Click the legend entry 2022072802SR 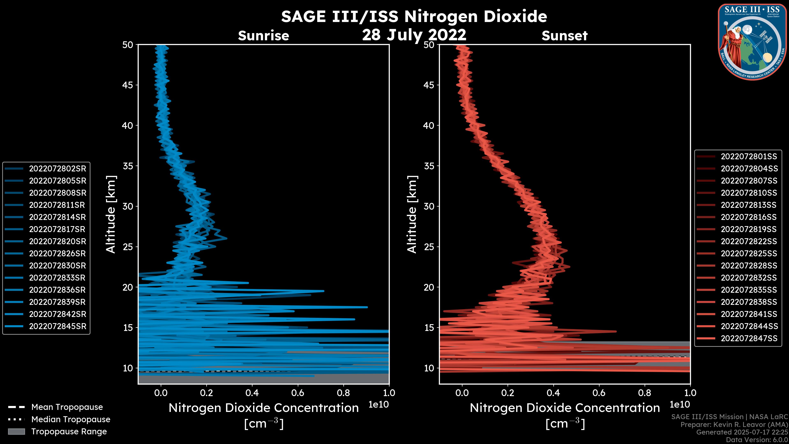[x=57, y=169]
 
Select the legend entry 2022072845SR [x=57, y=326]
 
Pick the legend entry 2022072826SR [x=57, y=254]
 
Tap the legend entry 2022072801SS [x=749, y=157]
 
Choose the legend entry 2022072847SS [x=749, y=338]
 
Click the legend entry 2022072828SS [x=749, y=266]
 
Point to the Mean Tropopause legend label [x=67, y=407]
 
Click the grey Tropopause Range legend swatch [x=16, y=431]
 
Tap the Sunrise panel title [x=263, y=36]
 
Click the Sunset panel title [x=564, y=36]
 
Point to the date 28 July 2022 [x=414, y=35]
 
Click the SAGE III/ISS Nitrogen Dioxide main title [x=414, y=16]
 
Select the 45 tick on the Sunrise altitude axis [x=128, y=85]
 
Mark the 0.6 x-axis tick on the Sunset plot [x=599, y=393]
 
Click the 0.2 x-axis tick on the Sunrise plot [x=206, y=393]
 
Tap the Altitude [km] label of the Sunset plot [x=412, y=214]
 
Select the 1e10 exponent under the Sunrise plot [x=378, y=405]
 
